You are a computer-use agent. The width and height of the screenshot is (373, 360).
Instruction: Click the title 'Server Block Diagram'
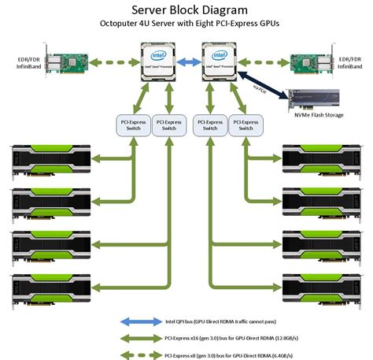click(x=186, y=11)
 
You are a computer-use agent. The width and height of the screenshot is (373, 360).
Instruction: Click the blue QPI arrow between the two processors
click(x=187, y=60)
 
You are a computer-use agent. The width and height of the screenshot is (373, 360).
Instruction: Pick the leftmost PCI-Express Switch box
click(x=130, y=125)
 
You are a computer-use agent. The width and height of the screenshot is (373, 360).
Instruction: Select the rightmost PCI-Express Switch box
click(x=250, y=125)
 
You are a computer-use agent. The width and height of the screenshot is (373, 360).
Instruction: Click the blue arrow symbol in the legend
click(x=141, y=321)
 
